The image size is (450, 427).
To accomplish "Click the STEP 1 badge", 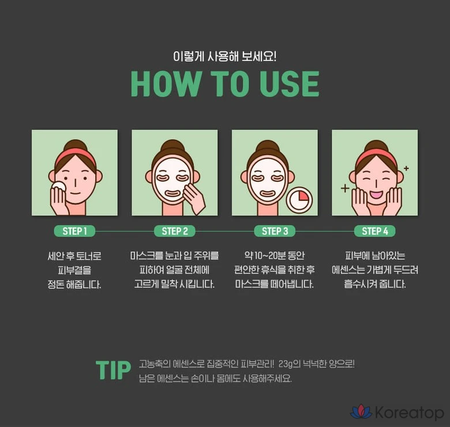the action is [74, 231].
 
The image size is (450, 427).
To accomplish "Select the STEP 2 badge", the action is [174, 231].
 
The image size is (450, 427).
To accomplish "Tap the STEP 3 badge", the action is [275, 231].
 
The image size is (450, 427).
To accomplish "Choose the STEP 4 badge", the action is [375, 231].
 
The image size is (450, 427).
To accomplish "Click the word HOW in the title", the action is [166, 84].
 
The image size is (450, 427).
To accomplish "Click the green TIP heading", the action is [113, 370].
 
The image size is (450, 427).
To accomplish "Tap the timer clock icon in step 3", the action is [299, 200].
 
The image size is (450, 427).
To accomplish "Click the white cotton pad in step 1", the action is [59, 186].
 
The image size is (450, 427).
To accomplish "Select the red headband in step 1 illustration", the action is [75, 156].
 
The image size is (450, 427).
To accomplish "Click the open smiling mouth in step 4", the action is [376, 194].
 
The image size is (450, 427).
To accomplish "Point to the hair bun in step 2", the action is [172, 146].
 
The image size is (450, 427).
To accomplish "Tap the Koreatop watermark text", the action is [410, 413].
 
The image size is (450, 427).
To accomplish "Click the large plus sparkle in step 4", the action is [345, 188].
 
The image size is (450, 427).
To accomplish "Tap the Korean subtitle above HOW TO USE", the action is [225, 56].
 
